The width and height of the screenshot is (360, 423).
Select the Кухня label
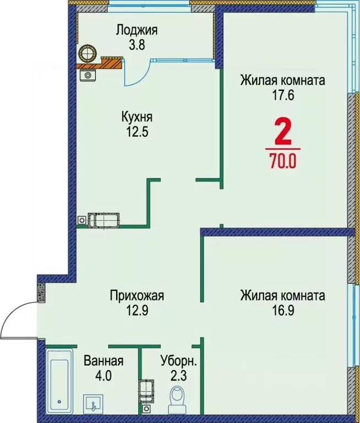click(137, 117)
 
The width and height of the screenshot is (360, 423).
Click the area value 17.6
click(282, 94)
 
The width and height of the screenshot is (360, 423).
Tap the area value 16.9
click(282, 311)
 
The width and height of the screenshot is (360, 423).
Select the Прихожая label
click(137, 296)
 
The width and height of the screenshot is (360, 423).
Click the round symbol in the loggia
click(88, 53)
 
